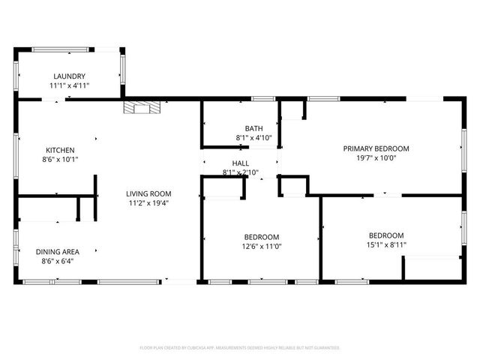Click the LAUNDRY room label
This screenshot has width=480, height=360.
68,76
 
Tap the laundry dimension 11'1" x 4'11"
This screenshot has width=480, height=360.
68,86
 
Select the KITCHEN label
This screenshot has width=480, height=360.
59,149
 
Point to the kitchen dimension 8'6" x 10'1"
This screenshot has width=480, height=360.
61,159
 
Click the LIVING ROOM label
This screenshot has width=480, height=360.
148,193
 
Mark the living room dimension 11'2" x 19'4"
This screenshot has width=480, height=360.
148,203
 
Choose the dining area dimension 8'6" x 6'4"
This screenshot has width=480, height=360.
59,262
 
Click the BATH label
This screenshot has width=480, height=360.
253,128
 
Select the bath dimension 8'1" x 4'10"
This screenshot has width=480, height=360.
253,138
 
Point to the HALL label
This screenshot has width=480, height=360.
240,163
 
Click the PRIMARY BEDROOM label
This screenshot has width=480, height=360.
376,148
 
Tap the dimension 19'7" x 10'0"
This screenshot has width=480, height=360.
376,158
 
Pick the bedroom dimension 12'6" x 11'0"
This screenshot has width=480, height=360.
261,247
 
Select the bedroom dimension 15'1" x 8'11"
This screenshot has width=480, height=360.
385,244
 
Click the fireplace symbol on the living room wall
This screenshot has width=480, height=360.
142,107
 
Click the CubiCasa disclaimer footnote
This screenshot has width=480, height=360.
240,348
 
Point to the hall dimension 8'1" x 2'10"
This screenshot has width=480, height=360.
240,173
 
